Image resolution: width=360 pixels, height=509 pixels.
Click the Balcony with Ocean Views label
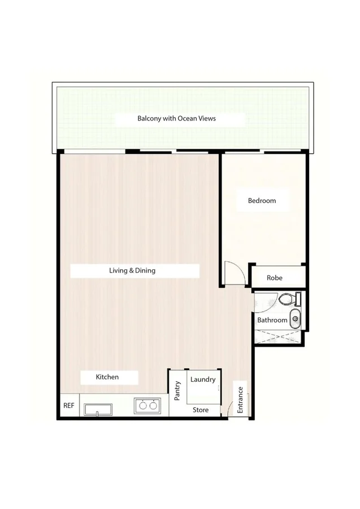click(x=176, y=119)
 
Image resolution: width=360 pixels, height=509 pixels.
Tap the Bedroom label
click(x=262, y=201)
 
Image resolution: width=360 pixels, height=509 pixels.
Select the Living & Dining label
click(x=132, y=270)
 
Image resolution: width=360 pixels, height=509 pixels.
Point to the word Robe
click(x=274, y=278)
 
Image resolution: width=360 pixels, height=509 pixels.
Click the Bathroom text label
click(x=272, y=320)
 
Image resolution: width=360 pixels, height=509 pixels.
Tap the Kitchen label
click(x=107, y=377)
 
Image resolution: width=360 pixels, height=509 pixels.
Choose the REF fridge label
click(x=68, y=406)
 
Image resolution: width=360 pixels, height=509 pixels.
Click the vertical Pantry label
click(x=177, y=391)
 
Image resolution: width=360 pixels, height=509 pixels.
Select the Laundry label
click(x=203, y=379)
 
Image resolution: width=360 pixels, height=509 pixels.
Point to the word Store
click(x=201, y=409)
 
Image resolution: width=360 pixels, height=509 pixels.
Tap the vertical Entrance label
click(x=240, y=399)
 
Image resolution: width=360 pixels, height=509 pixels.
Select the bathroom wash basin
click(x=295, y=319)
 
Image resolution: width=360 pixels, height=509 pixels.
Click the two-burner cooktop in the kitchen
click(x=147, y=405)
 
